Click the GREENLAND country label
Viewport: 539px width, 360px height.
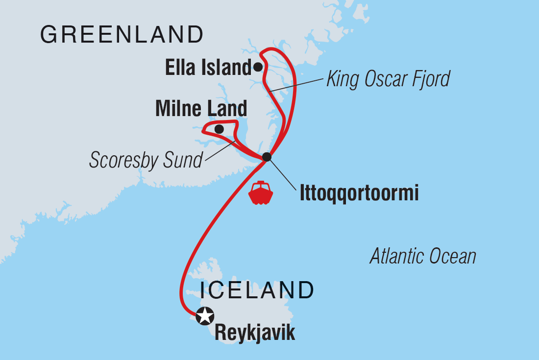pos(122,35)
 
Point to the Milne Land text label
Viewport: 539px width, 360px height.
pos(201,109)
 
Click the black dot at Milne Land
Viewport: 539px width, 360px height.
pos(219,129)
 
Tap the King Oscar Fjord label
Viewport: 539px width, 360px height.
pos(388,78)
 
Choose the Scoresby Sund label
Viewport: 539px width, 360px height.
pos(146,160)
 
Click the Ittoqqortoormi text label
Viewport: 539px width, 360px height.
pos(359,194)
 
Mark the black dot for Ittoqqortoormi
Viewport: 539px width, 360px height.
pos(267,157)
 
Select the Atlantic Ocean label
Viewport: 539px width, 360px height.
pos(423,256)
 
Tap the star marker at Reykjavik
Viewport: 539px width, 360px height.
pos(205,315)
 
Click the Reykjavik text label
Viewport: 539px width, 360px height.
pos(255,333)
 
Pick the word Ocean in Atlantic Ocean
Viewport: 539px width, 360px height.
pos(453,256)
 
